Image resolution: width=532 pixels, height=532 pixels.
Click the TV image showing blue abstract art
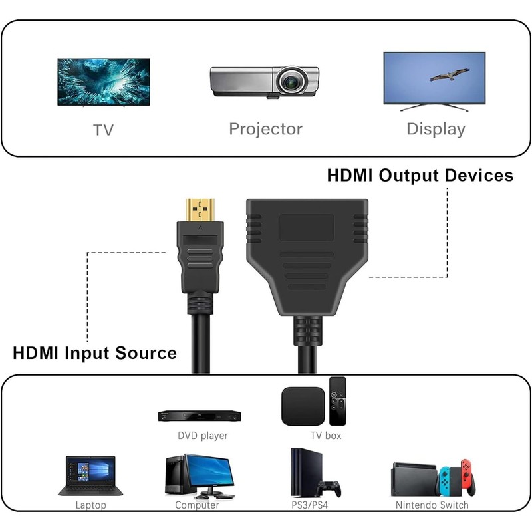tap(102, 82)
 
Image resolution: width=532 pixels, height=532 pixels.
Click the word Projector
tap(265, 129)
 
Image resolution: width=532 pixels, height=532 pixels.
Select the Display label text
tap(436, 129)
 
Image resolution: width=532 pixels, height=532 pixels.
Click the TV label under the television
tap(103, 130)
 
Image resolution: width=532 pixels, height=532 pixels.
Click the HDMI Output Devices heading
tap(420, 176)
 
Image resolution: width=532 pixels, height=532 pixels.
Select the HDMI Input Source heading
tap(95, 352)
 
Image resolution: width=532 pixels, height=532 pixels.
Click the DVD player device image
tap(199, 416)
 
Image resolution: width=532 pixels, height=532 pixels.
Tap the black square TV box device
tap(303, 406)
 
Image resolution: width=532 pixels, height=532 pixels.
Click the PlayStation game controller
tap(329, 487)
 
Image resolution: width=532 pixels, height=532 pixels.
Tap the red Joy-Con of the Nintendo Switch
tap(471, 478)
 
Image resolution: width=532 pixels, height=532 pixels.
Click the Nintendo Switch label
tap(432, 505)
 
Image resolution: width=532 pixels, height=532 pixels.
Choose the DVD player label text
tap(202, 436)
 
